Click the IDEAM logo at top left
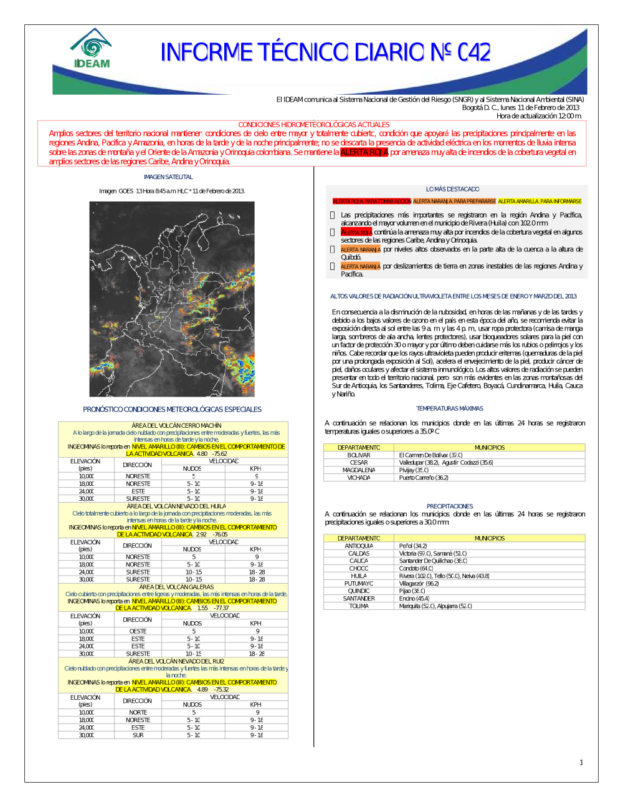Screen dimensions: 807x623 [92, 49]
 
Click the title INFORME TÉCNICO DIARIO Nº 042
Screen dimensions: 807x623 [325, 52]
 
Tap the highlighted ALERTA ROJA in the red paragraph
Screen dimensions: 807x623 [364, 152]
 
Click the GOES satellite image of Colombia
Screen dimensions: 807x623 [172, 299]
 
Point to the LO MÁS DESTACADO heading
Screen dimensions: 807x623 [453, 189]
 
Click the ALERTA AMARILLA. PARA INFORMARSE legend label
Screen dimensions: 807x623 [540, 201]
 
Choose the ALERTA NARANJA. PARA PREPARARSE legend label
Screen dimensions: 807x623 [454, 201]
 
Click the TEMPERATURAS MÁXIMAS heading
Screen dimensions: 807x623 [450, 408]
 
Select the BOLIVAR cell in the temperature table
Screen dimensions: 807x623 [359, 455]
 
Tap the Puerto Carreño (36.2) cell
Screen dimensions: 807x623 [424, 478]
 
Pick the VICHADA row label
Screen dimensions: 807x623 [359, 478]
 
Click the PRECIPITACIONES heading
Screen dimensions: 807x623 [450, 506]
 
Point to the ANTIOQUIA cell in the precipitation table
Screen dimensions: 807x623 [359, 546]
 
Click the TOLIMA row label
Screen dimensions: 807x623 [359, 606]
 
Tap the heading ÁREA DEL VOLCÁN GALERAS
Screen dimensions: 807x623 [176, 587]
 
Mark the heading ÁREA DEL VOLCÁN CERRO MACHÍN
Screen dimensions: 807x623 [176, 425]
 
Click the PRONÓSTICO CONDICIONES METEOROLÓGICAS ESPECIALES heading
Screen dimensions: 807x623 [172, 410]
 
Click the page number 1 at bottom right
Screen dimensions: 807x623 [581, 762]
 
